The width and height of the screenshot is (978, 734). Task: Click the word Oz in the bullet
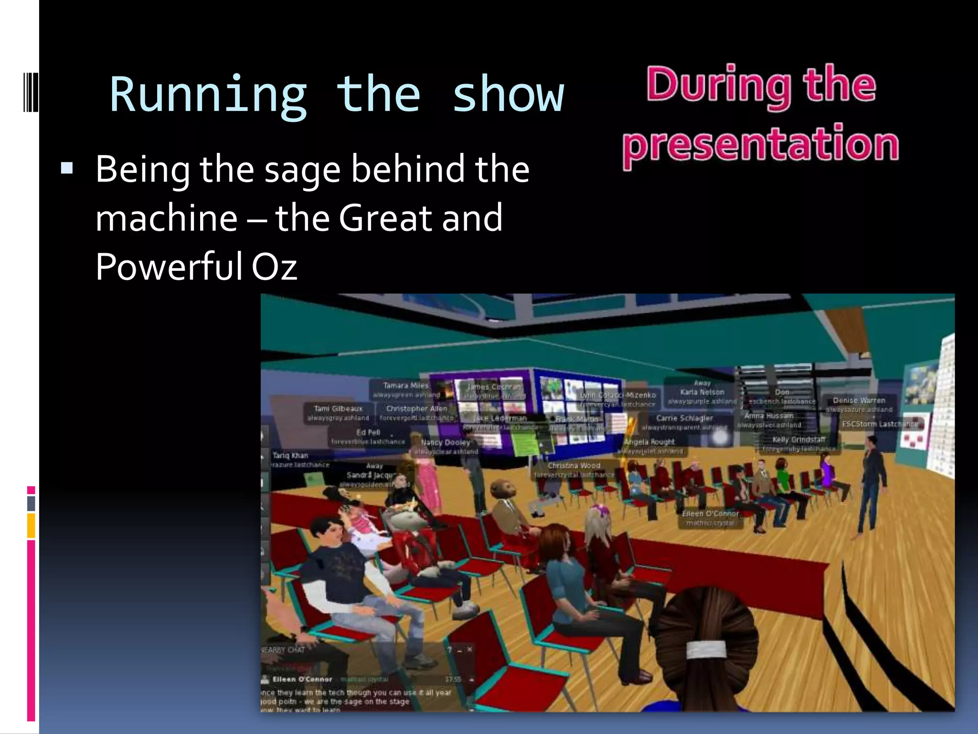click(274, 266)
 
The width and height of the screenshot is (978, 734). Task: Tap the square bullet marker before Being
click(67, 168)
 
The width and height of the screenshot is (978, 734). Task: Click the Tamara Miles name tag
click(406, 386)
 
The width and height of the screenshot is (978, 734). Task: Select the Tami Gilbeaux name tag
click(338, 409)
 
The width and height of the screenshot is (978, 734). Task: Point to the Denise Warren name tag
click(859, 400)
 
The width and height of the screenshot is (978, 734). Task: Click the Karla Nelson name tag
click(702, 392)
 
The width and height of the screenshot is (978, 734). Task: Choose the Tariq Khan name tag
click(290, 456)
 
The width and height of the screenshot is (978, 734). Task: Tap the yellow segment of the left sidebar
click(31, 525)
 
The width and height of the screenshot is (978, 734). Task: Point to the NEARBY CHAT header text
click(284, 650)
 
